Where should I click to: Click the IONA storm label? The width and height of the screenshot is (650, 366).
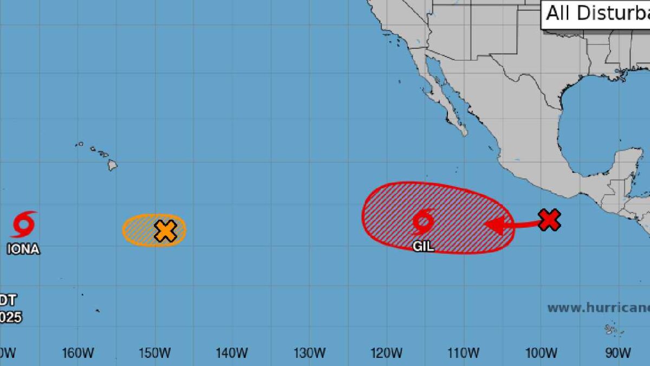(23, 249)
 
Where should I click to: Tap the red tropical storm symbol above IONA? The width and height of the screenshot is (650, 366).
(24, 224)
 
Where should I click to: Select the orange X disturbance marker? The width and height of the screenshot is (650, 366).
(165, 231)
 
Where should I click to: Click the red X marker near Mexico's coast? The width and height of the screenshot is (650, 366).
(549, 220)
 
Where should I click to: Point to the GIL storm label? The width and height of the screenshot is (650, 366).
(423, 246)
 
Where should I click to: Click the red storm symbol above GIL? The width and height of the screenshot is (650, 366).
(423, 221)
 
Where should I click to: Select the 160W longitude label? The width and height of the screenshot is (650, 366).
(77, 354)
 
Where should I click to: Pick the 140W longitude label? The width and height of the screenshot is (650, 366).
(231, 354)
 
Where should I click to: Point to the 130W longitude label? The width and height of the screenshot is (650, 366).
(309, 354)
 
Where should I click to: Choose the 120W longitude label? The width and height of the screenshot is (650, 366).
(386, 354)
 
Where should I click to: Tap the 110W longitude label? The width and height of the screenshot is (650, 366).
(463, 354)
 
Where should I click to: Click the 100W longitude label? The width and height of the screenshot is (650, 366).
(541, 354)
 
